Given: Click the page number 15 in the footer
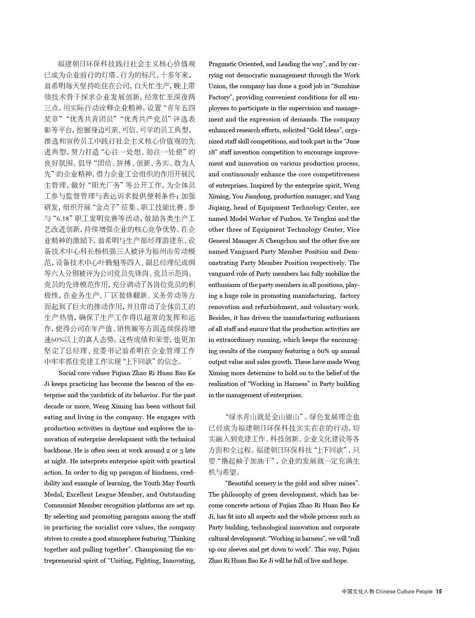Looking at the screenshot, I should coord(439,591).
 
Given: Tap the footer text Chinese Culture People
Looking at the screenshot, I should coord(404,591).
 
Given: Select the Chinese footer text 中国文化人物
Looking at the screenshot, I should coord(358,591).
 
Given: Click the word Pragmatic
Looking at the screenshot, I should coord(222,64).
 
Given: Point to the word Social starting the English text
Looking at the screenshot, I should coord(67,373).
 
